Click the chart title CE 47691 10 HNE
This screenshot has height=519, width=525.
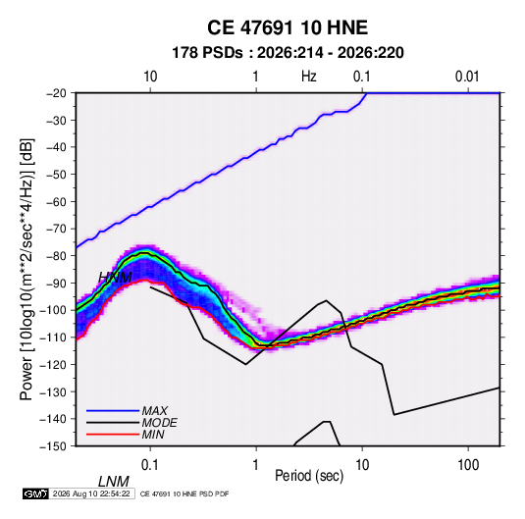288,27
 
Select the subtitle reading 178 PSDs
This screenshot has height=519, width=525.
207,53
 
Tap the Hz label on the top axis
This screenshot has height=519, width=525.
309,77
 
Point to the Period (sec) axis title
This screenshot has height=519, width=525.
309,475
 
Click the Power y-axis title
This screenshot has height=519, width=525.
26,269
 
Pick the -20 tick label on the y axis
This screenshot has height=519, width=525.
56,93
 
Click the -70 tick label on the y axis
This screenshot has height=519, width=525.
56,229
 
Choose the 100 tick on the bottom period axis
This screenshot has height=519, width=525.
468,465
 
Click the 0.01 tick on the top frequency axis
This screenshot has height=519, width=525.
467,77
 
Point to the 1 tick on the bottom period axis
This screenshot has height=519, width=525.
256,465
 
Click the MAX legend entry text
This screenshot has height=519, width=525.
155,411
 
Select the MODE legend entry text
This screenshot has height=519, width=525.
159,423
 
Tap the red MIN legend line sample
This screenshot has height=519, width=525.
113,435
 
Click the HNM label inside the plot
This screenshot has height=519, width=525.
115,278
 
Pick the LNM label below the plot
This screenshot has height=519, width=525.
114,482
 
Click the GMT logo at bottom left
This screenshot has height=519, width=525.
36,493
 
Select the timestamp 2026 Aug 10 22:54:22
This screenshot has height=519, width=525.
91,493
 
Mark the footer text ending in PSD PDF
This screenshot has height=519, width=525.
184,493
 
